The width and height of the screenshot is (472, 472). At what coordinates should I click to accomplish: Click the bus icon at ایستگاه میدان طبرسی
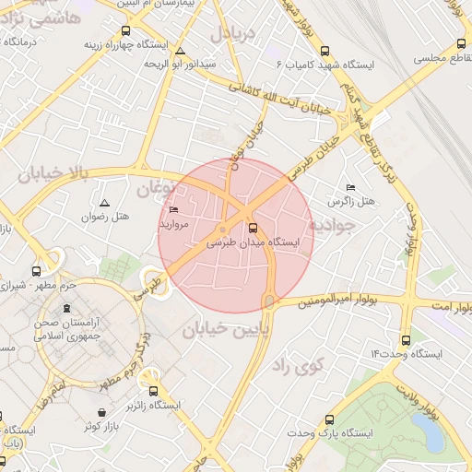(x=253, y=228)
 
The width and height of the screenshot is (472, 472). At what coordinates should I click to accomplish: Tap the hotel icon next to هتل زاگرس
(x=349, y=187)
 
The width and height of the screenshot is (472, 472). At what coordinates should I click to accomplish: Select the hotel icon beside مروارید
(x=174, y=210)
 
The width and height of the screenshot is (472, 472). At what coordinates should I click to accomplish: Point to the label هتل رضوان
(x=131, y=217)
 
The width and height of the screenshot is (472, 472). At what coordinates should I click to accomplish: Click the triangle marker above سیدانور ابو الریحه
(x=181, y=51)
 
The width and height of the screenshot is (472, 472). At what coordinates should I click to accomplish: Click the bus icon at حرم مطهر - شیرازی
(x=36, y=272)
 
